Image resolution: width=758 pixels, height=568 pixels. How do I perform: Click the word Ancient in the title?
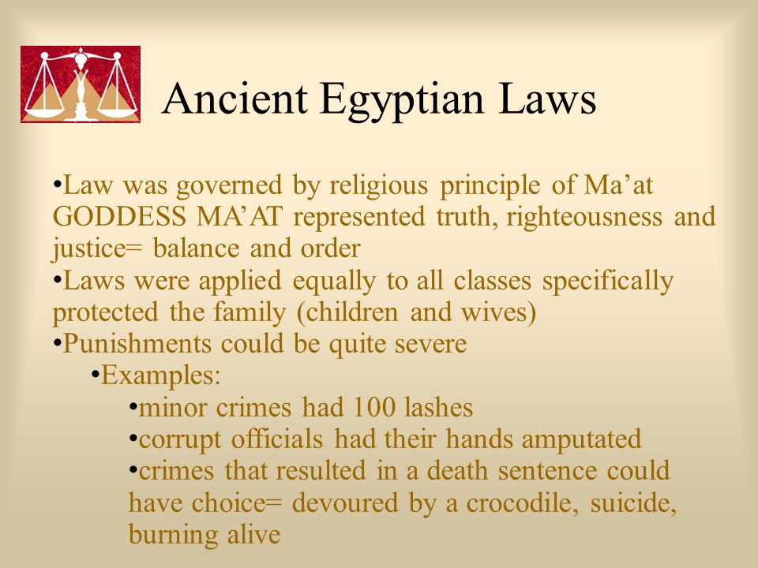235,99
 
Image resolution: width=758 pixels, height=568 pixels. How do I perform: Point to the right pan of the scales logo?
117,110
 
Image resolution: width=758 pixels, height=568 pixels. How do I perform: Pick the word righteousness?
584,218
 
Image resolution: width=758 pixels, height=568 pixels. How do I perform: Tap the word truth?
467,217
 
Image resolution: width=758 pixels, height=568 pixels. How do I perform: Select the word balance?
196,248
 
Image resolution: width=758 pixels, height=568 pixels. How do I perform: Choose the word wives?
498,313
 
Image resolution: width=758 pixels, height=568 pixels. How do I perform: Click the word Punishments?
137,344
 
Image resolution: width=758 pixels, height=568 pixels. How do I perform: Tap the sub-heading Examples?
160,376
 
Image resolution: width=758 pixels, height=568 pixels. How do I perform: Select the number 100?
374,407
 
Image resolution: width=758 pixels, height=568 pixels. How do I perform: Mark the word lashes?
438,407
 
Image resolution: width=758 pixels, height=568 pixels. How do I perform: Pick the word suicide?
632,503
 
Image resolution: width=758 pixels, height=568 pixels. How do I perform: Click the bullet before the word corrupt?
133,438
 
